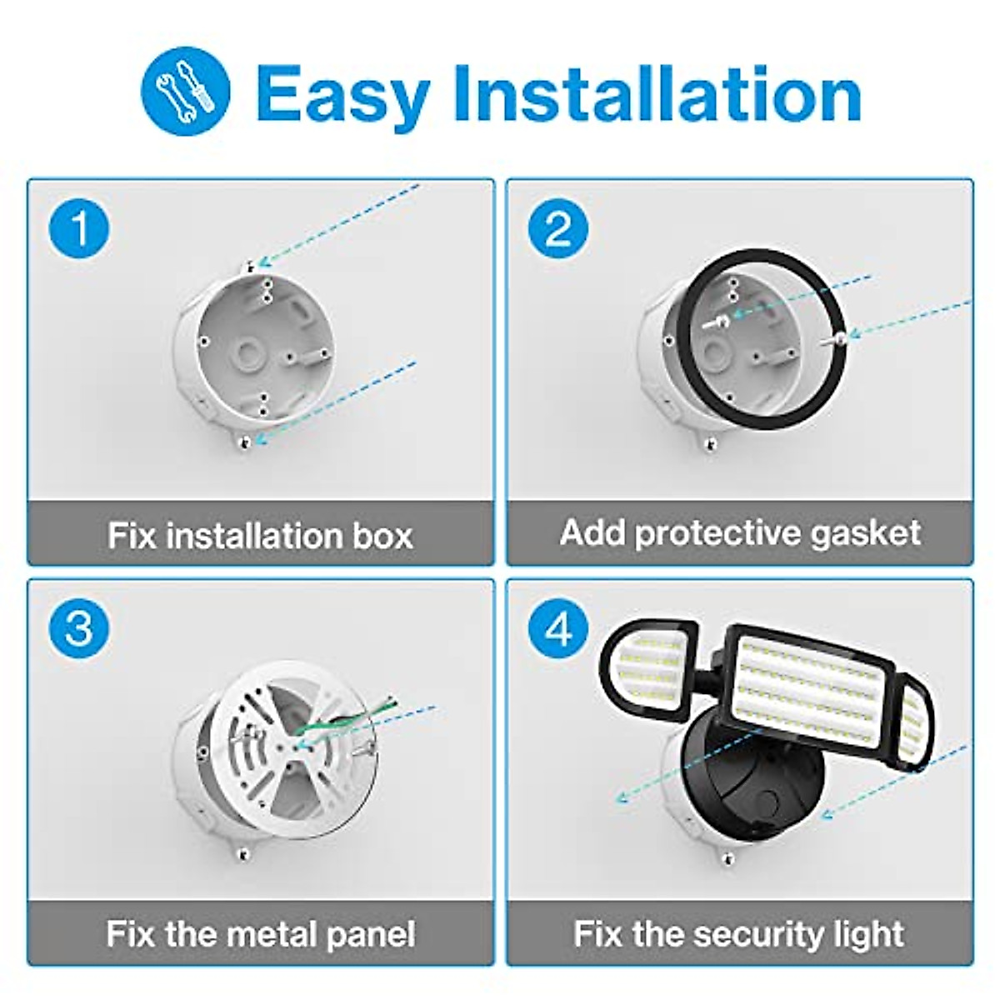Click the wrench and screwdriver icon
click(185, 91)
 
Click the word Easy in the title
click(342, 93)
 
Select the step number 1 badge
click(79, 228)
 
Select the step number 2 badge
click(558, 228)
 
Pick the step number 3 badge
click(79, 627)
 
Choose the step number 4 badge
click(558, 627)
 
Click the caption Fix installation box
click(260, 535)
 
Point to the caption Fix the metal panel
click(260, 933)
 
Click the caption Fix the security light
click(738, 933)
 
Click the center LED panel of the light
click(803, 683)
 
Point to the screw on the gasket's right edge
click(840, 337)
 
